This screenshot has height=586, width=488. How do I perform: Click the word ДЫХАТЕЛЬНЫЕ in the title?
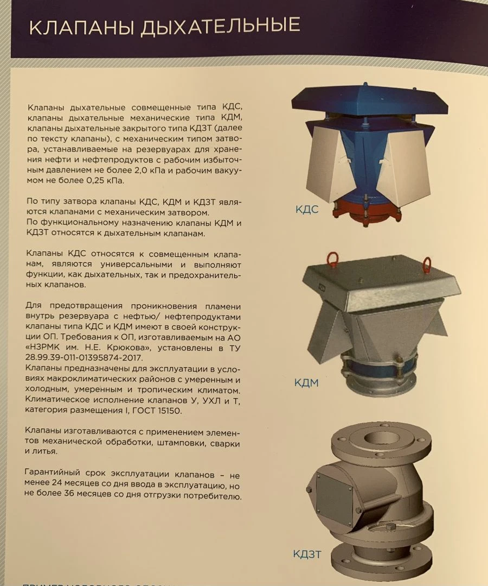click(x=220, y=26)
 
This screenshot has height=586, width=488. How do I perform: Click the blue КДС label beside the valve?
click(x=307, y=209)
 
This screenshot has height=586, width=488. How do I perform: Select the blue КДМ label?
click(x=306, y=383)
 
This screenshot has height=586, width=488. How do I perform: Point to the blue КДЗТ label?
click(x=307, y=554)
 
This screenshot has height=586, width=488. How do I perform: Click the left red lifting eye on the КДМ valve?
click(x=332, y=259)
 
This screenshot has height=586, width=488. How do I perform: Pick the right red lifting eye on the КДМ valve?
click(x=426, y=264)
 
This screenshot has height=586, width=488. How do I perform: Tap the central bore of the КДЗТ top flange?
click(x=381, y=438)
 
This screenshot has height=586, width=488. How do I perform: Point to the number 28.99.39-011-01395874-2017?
click(x=84, y=358)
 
